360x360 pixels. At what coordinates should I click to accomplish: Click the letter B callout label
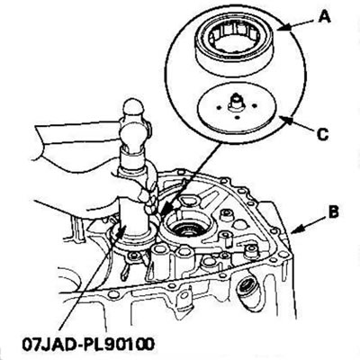click(333, 211)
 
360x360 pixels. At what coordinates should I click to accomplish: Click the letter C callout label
click(323, 134)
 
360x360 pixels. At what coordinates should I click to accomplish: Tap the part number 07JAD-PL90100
click(88, 344)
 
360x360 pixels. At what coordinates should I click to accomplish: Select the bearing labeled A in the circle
click(235, 48)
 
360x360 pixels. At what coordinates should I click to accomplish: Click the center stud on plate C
click(235, 102)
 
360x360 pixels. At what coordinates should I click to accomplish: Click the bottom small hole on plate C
click(237, 117)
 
